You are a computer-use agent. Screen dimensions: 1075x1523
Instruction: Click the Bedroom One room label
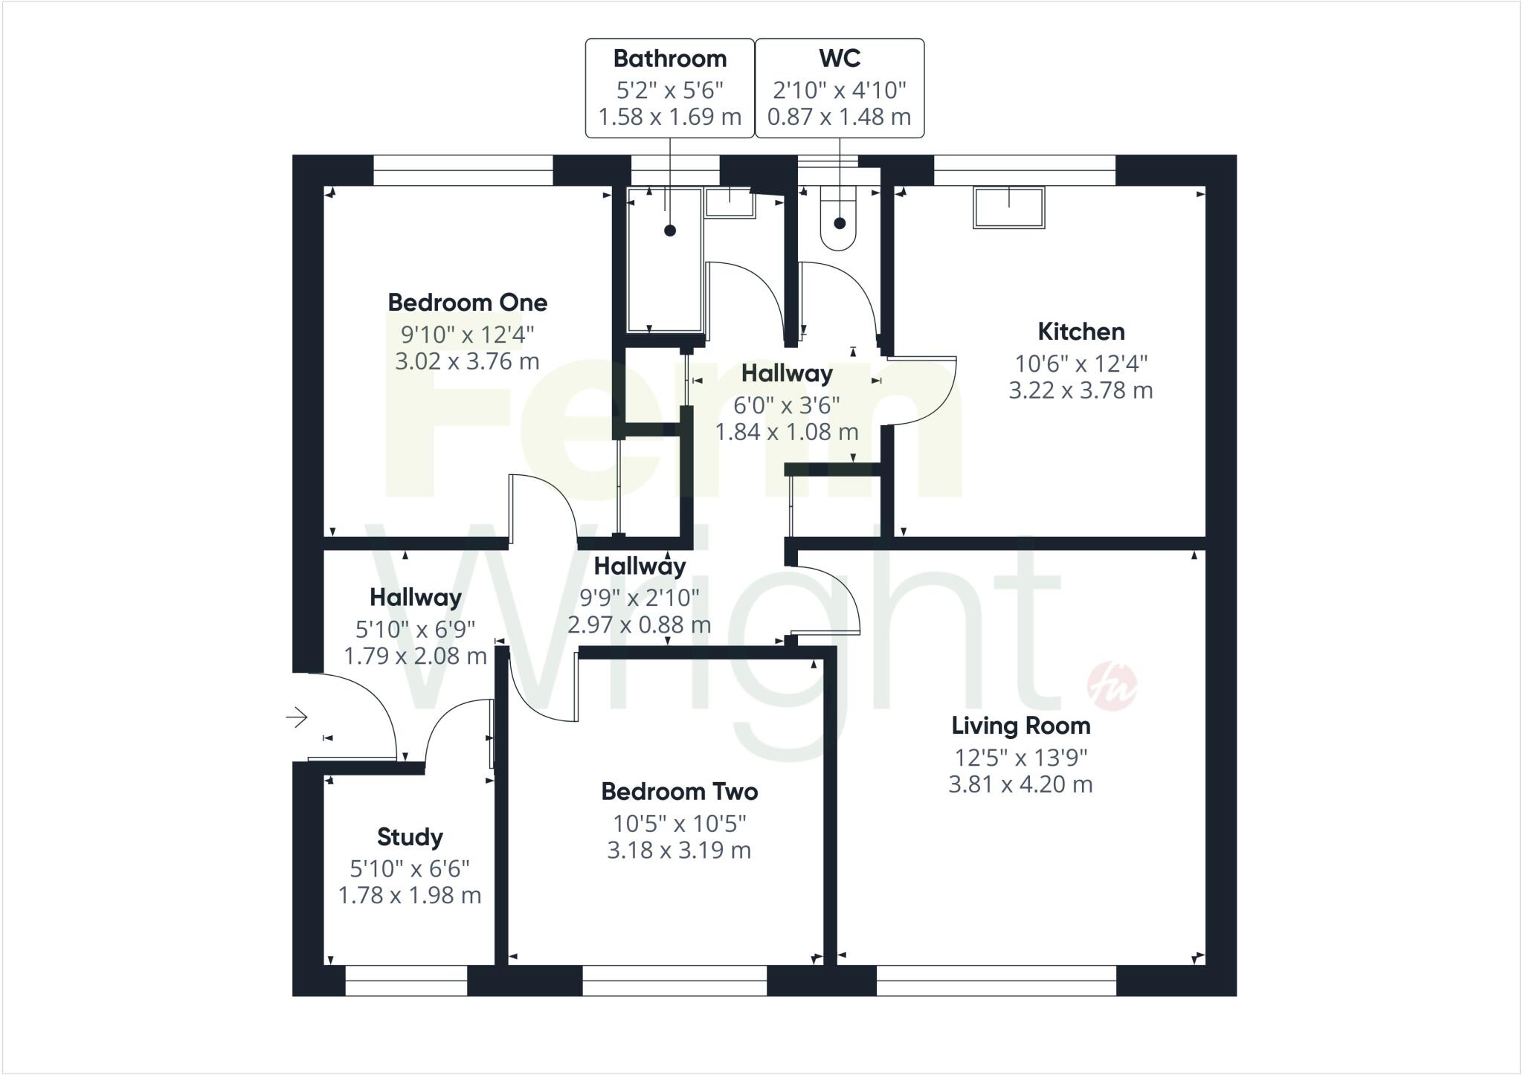(x=467, y=303)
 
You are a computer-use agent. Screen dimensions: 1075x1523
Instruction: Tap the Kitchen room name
(x=1081, y=332)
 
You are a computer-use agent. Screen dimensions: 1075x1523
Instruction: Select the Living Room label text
(x=1020, y=726)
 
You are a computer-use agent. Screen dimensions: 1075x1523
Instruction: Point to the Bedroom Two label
(x=679, y=792)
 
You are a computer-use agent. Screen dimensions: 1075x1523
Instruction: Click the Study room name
(x=410, y=837)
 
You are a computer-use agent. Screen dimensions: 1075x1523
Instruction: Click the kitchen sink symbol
(x=1009, y=207)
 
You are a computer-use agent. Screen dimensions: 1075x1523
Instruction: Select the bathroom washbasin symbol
(x=730, y=201)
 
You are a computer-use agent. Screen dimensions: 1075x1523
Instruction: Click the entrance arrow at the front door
(x=297, y=717)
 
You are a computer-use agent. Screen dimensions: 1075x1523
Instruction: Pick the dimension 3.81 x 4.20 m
(x=1020, y=784)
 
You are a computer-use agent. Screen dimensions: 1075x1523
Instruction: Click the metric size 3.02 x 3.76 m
(x=467, y=362)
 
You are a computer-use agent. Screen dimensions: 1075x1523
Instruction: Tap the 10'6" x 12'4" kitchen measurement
(x=1081, y=364)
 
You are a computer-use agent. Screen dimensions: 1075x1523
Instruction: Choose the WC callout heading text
(x=840, y=58)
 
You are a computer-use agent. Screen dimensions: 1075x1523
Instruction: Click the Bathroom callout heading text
(x=670, y=58)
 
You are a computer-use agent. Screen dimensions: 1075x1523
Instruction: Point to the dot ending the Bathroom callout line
(x=670, y=230)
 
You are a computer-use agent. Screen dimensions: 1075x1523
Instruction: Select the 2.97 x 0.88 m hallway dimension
(x=639, y=624)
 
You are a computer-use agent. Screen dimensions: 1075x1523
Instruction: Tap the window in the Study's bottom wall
(x=406, y=981)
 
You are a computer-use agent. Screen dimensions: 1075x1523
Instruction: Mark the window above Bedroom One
(x=463, y=170)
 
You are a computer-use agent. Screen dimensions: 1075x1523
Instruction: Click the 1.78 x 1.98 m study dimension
(x=410, y=896)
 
